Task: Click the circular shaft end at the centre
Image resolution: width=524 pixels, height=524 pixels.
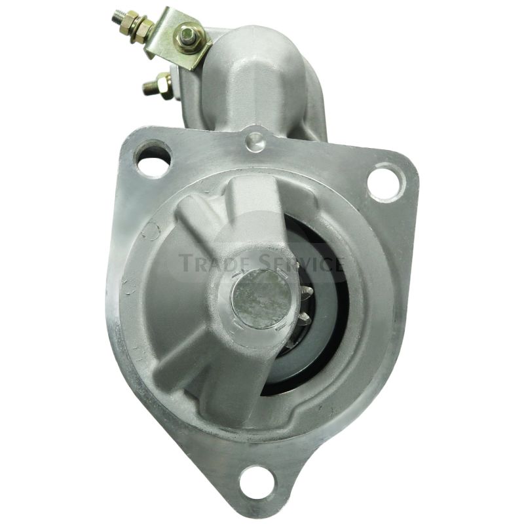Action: point(261,297)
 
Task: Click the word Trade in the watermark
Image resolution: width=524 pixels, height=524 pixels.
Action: point(213,263)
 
